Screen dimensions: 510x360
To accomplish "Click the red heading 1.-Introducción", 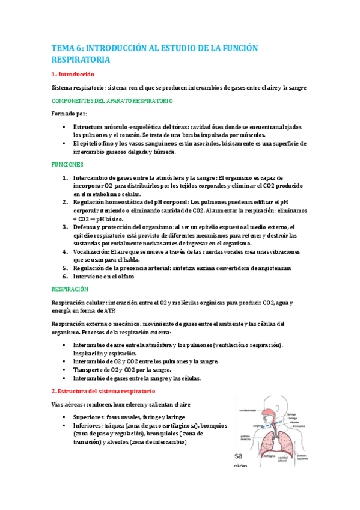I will click(73, 75).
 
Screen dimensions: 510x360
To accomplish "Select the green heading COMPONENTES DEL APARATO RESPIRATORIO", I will click(112, 100).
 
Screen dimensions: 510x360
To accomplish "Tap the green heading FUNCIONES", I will click(67, 164).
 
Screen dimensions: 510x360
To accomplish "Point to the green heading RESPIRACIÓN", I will click(71, 289).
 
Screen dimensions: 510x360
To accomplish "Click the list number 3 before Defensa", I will click(65, 227).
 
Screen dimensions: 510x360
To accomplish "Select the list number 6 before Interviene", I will click(65, 277).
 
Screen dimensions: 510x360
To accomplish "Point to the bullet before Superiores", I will click(64, 417).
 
